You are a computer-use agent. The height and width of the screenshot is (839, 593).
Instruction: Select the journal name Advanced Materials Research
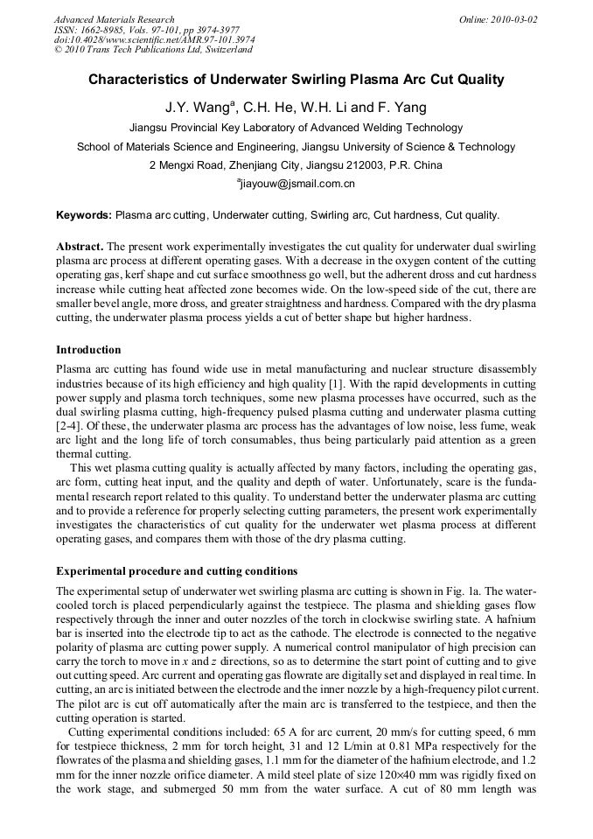[x=115, y=19]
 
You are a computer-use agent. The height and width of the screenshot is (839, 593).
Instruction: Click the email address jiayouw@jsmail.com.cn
[x=297, y=184]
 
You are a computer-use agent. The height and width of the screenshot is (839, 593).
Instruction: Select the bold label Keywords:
[x=84, y=214]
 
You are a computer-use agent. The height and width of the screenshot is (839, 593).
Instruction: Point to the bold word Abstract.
[x=80, y=248]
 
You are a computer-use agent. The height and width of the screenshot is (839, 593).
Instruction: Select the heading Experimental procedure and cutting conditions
[x=177, y=571]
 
